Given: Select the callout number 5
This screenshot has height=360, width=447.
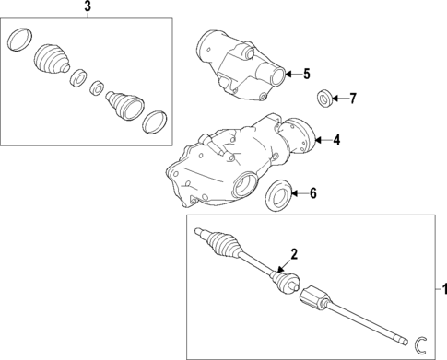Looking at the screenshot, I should pyautogui.click(x=307, y=73).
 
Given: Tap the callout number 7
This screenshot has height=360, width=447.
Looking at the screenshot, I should pyautogui.click(x=351, y=98).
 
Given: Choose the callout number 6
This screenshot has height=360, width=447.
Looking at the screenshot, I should pyautogui.click(x=312, y=193).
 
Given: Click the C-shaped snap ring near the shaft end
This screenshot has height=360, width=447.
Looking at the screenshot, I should pyautogui.click(x=419, y=343).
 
